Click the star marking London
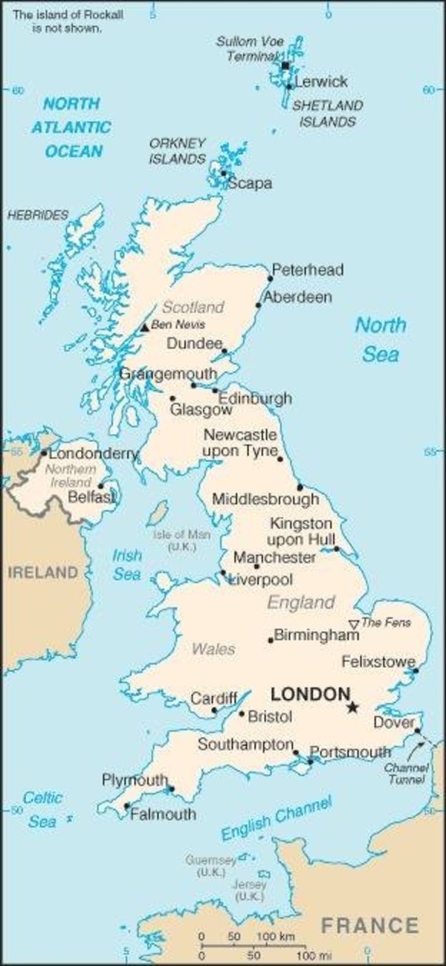coord(352,707)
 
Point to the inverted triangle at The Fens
coord(354,623)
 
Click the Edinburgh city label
coord(255,398)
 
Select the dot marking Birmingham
coord(271,639)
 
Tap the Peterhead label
coord(308,270)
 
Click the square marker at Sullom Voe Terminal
coord(285,66)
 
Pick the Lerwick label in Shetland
coord(321,82)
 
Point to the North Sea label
coord(381,339)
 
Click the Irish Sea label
coord(127,565)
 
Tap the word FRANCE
coord(369,925)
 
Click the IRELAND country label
coord(43,572)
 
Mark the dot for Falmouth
coord(127,806)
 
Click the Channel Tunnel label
coord(407,774)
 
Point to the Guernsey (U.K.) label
coord(211,866)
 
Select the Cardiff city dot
coord(214,710)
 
